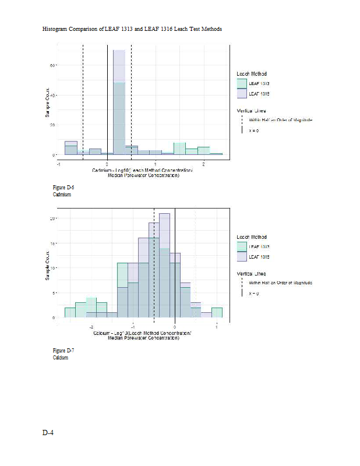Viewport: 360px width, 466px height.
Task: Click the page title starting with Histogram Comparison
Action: pyautogui.click(x=132, y=29)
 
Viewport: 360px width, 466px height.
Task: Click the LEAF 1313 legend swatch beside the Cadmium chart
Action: pyautogui.click(x=242, y=84)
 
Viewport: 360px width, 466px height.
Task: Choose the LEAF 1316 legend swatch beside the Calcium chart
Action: pyautogui.click(x=242, y=257)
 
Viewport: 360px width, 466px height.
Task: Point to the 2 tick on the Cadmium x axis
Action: pyautogui.click(x=203, y=164)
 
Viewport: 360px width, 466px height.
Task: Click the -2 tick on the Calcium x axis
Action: pyautogui.click(x=92, y=327)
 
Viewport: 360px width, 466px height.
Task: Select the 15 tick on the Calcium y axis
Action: pyautogui.click(x=52, y=243)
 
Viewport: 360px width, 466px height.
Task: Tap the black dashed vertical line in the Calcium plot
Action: pyautogui.click(x=154, y=262)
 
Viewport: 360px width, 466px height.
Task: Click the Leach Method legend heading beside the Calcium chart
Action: pyautogui.click(x=252, y=237)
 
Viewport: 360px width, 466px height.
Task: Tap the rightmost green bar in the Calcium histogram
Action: pyautogui.click(x=217, y=313)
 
